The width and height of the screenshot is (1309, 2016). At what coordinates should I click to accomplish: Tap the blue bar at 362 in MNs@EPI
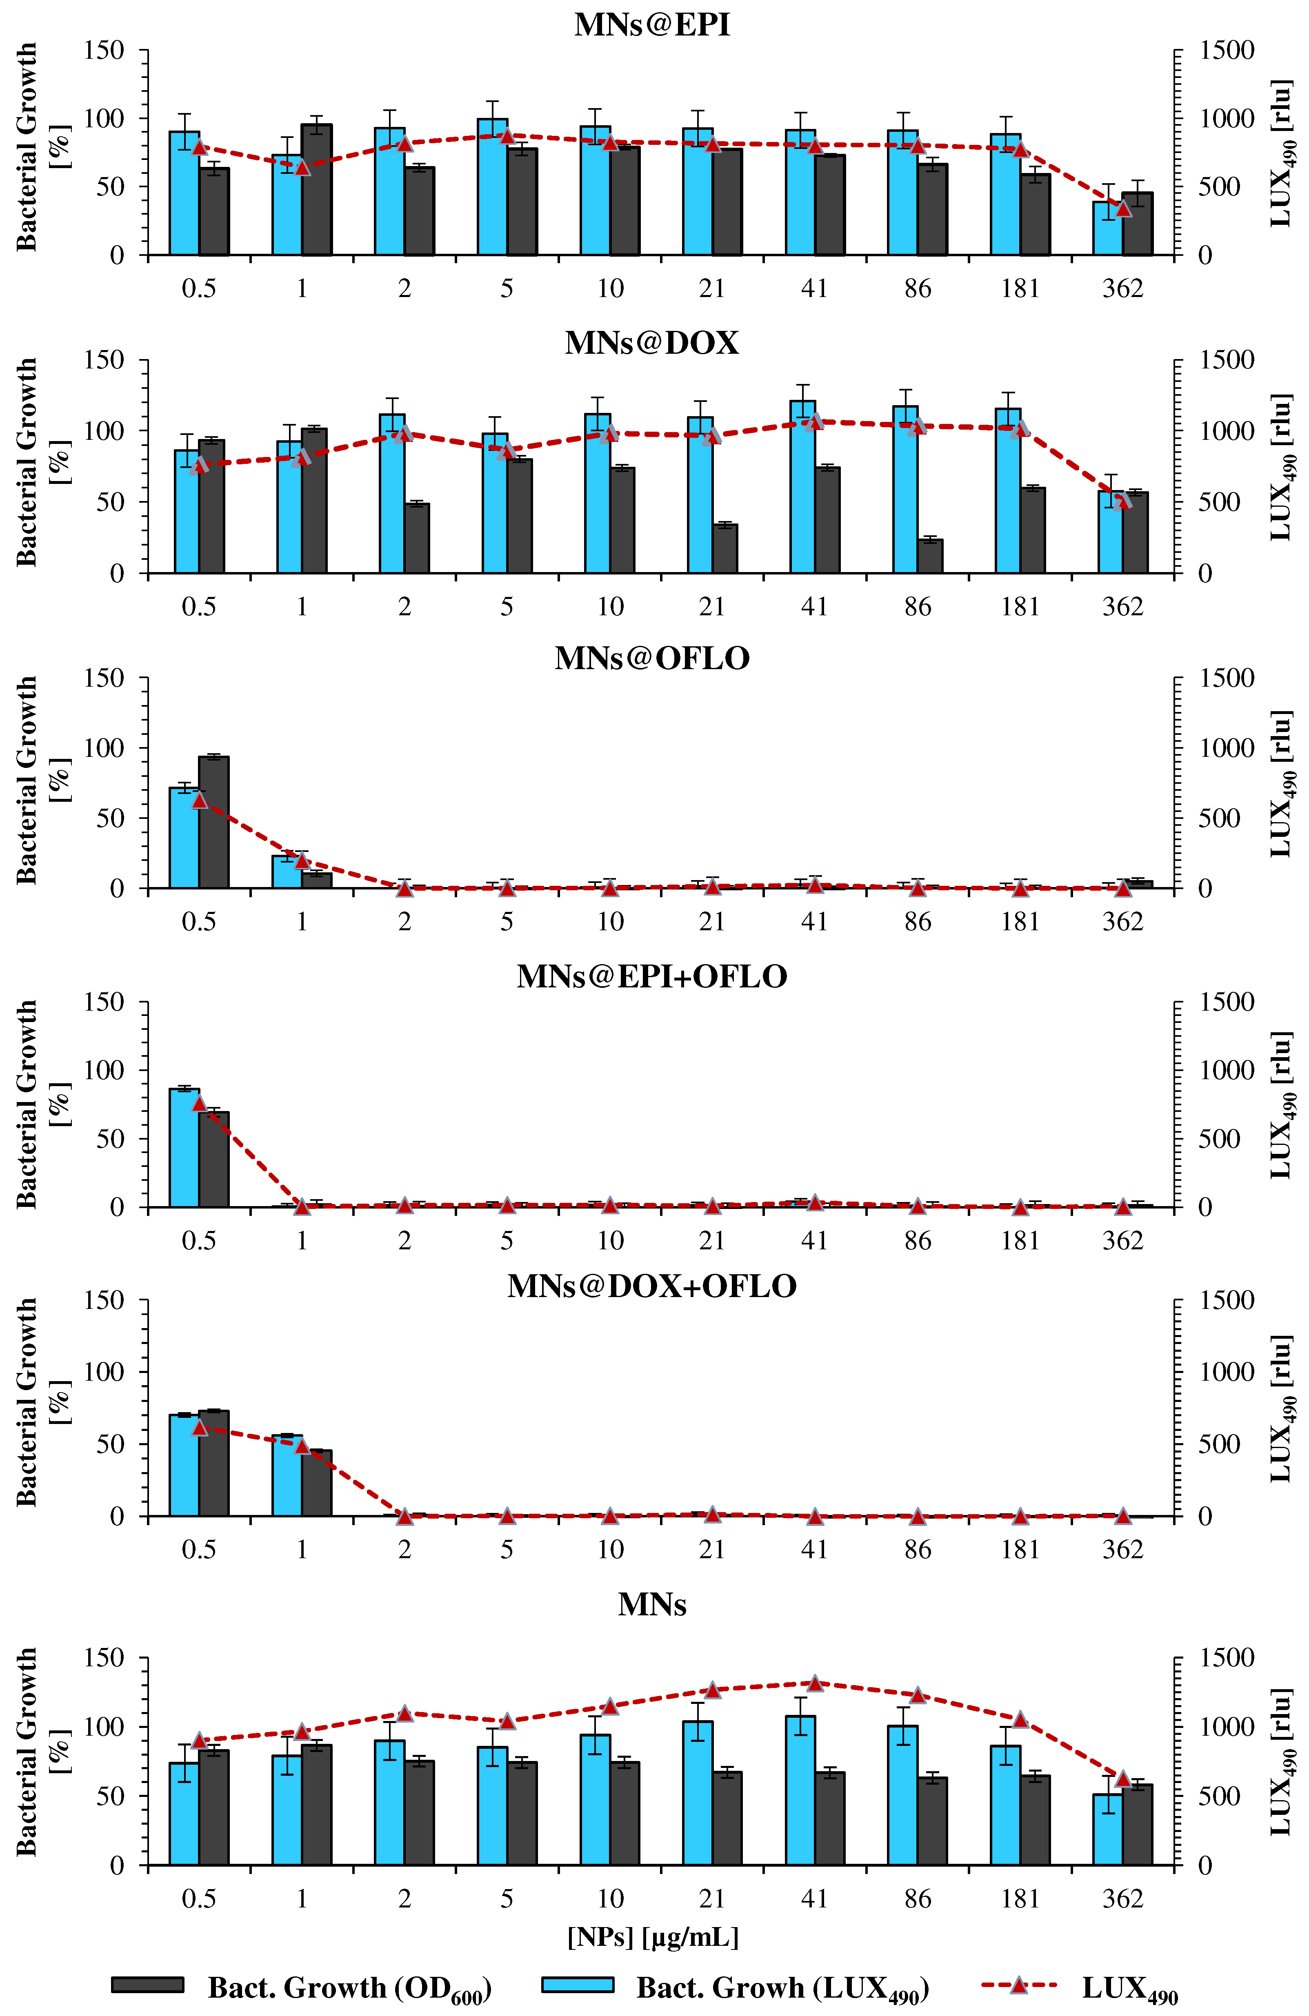pyautogui.click(x=1107, y=229)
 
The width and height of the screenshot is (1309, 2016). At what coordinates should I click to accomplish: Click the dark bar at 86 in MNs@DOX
pyautogui.click(x=930, y=557)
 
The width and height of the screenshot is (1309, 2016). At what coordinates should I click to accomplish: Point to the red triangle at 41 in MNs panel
pyautogui.click(x=815, y=1683)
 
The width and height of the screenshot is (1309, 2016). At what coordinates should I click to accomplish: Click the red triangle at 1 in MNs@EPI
pyautogui.click(x=302, y=167)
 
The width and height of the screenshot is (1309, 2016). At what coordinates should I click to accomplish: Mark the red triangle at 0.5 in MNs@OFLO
pyautogui.click(x=199, y=801)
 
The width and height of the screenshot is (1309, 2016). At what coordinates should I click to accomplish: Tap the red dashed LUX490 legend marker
pyautogui.click(x=1019, y=1985)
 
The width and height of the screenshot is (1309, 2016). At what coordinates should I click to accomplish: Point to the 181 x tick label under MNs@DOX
pyautogui.click(x=1020, y=606)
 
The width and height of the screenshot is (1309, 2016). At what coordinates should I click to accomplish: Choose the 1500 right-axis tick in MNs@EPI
pyautogui.click(x=1226, y=51)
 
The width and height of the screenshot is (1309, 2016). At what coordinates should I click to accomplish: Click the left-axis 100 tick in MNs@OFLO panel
pyautogui.click(x=104, y=748)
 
